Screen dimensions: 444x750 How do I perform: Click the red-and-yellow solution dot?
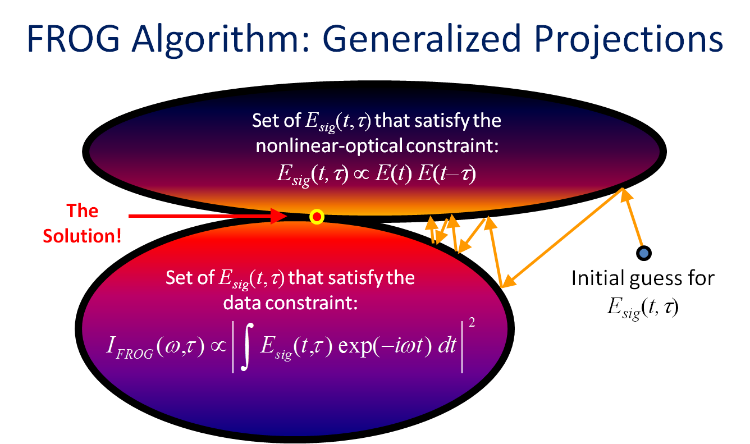coord(317,217)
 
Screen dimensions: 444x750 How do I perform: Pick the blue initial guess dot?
coord(644,253)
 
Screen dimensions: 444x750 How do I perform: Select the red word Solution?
coord(82,236)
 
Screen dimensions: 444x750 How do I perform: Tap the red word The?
coord(82,211)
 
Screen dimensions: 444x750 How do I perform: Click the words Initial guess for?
coord(643,278)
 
